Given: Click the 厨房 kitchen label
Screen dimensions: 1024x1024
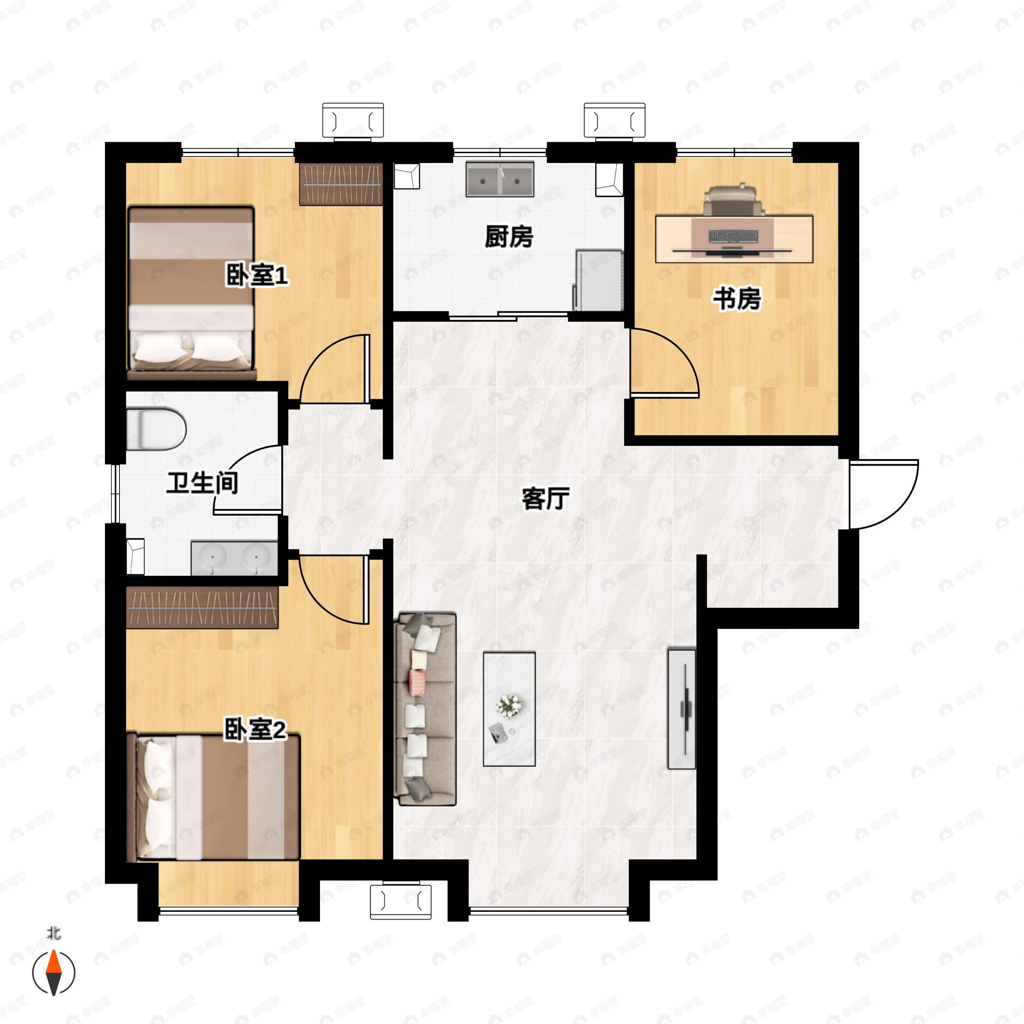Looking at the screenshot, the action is (x=509, y=236).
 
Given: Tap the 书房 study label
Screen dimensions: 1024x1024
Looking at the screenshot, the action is (x=737, y=299).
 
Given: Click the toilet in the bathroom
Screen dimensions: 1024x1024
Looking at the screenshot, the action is (x=156, y=428).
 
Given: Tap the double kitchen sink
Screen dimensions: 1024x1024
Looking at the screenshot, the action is (x=500, y=180).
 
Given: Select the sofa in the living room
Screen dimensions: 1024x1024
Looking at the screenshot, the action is (x=425, y=710).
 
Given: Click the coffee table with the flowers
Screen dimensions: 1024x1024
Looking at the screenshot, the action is (x=509, y=710).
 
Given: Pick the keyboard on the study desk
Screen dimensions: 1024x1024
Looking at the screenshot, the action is (x=733, y=236).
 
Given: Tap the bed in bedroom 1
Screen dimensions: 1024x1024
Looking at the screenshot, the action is (x=191, y=293).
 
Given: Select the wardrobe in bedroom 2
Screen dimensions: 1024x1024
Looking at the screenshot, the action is (x=202, y=608).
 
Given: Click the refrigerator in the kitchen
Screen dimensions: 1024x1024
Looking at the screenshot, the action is (x=598, y=280).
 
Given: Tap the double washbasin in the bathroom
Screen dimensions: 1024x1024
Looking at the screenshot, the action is (x=234, y=558).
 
